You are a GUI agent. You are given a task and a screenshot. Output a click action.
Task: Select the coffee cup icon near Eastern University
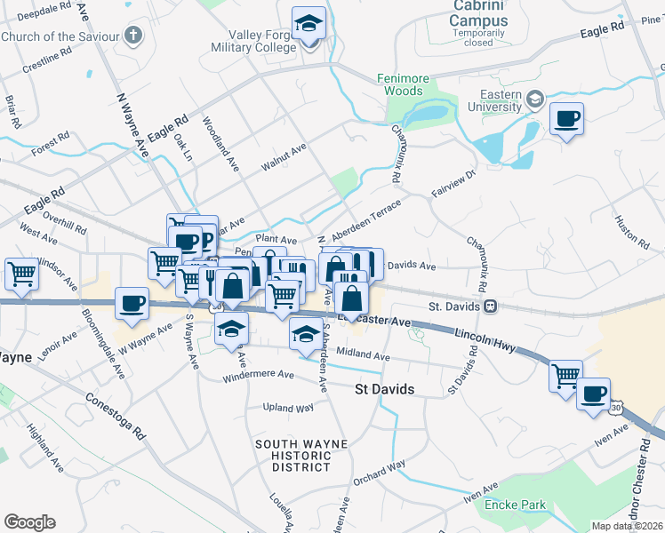[566, 119]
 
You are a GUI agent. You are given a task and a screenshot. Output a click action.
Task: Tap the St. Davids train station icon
[490, 306]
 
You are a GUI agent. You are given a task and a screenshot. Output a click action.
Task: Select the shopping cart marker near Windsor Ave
[21, 274]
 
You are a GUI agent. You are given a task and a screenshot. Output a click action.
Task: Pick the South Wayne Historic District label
[293, 455]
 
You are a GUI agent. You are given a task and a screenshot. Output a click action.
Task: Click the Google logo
[29, 522]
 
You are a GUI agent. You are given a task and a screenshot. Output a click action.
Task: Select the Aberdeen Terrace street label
[366, 220]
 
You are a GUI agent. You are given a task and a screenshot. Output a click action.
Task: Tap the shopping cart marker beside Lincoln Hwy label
[565, 377]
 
